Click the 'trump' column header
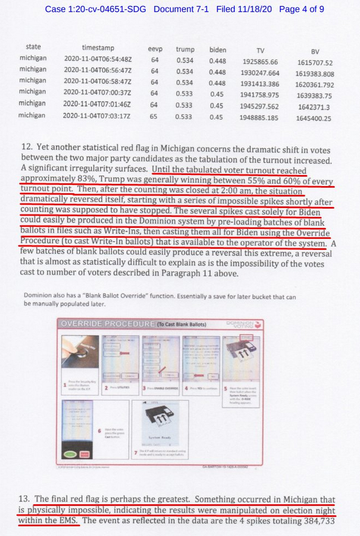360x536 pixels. [185, 49]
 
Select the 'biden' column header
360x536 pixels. [217, 49]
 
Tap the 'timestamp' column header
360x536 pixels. [98, 48]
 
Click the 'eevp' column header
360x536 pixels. [155, 49]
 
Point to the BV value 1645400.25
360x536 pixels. [314, 118]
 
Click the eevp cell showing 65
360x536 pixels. [154, 116]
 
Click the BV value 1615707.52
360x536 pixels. [315, 63]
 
